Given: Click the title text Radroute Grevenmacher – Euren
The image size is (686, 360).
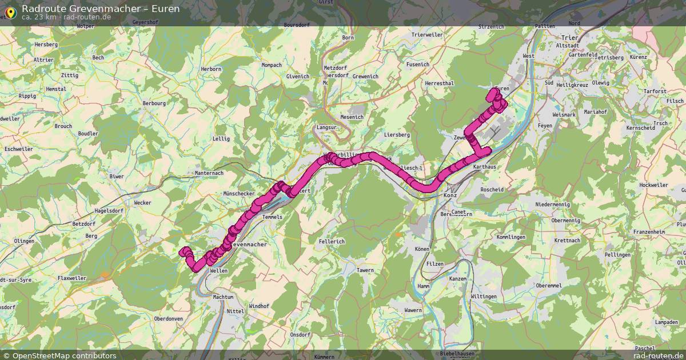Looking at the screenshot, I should coord(101,9).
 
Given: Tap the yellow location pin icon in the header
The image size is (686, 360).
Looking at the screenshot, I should coord(10,11).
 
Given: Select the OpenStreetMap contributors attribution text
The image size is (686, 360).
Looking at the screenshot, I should coord(64,355).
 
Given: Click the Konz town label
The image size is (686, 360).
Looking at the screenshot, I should coord(450,195).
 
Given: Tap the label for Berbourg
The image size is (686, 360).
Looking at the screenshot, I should coord(154,103).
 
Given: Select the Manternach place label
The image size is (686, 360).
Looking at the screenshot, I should coord(209,173).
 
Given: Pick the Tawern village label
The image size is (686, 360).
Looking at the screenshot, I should coord(365,270).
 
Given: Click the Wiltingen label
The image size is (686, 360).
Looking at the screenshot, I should coord(484,297).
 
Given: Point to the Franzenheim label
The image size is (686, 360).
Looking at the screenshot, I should coord(649,232).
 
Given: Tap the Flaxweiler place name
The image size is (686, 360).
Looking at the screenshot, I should coord(72,278).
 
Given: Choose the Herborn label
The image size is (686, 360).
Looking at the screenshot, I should coord(211,69).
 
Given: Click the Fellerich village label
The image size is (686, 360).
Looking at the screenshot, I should coord(332,242).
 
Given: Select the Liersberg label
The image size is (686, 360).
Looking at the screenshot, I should coord(397,135).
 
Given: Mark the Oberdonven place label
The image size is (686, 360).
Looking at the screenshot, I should coord(169,319).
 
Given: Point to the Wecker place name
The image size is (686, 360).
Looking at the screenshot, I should coord(142,203).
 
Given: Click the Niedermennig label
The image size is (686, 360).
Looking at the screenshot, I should coord(552,204).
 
